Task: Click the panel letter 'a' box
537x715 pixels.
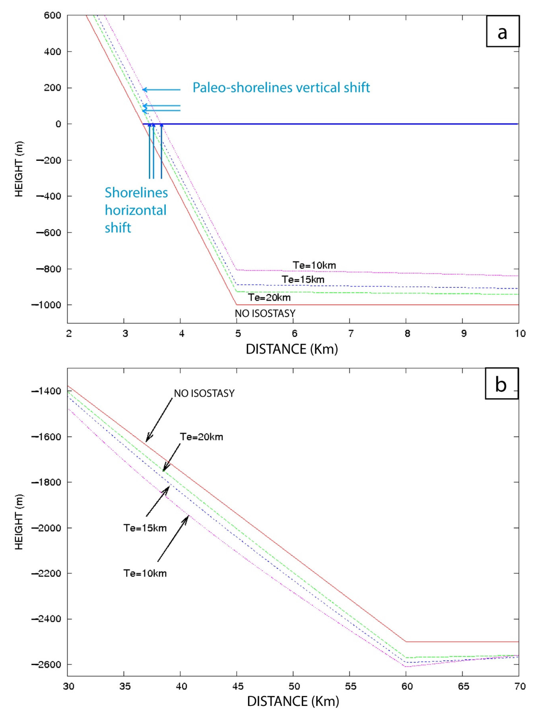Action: click(502, 31)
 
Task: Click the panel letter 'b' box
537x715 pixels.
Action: click(501, 384)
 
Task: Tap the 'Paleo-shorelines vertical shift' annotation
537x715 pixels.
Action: click(281, 88)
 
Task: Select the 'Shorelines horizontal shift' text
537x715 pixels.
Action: click(136, 210)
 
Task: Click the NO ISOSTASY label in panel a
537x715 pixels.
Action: click(265, 313)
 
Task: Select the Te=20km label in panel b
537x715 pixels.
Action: click(201, 437)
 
